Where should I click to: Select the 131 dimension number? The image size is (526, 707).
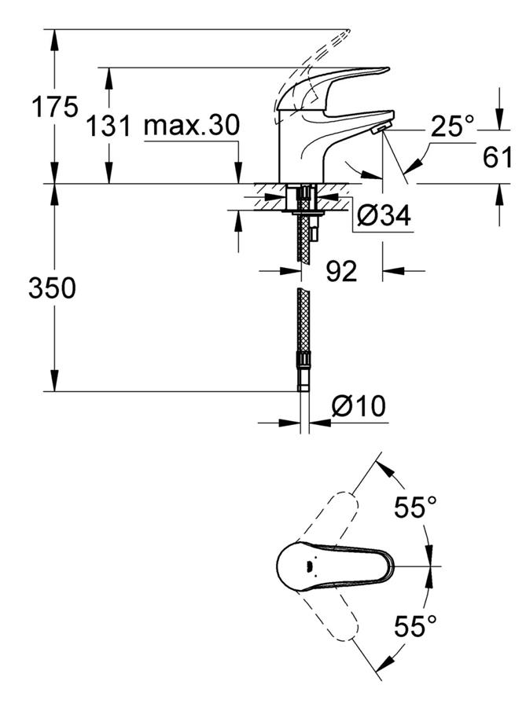[109, 125]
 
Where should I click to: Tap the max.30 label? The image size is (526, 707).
[192, 125]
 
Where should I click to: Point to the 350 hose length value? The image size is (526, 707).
[53, 288]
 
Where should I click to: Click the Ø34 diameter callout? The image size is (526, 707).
[384, 215]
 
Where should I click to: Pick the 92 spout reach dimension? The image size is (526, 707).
[341, 271]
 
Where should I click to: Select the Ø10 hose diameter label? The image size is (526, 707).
[359, 406]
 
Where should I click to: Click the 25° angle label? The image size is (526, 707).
[452, 126]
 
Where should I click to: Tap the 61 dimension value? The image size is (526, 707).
[498, 157]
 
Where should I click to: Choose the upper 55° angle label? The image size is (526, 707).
[415, 507]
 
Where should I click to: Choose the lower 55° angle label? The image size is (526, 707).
[415, 626]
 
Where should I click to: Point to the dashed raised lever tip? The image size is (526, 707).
[342, 36]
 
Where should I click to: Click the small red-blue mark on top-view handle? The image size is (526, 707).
[309, 565]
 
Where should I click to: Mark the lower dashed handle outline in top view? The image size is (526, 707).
[327, 612]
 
